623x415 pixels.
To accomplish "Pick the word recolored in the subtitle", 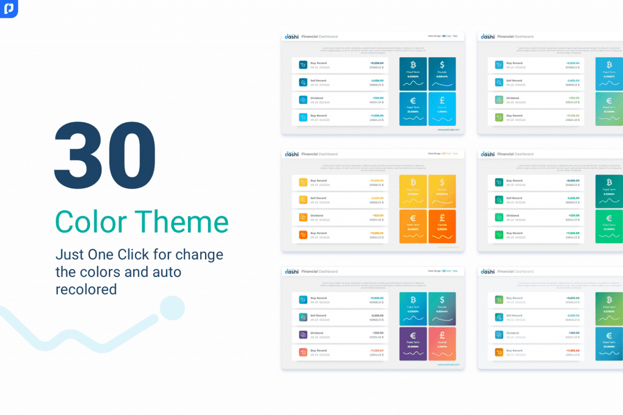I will [86, 289].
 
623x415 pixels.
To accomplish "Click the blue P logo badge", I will [9, 9].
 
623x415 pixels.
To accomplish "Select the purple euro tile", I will [413, 344].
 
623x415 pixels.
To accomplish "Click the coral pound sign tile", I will [442, 344].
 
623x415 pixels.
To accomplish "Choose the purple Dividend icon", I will [303, 334].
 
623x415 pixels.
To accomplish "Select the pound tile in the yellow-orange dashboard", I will [442, 227].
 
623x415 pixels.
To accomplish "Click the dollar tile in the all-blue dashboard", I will [442, 70].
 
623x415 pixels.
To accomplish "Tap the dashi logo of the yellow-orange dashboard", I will [292, 154].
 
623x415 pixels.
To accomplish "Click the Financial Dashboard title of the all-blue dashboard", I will [319, 36].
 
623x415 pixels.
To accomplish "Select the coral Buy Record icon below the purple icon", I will [303, 352].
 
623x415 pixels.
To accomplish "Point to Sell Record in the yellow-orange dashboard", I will [318, 198].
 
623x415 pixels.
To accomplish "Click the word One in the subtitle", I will [115, 254].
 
